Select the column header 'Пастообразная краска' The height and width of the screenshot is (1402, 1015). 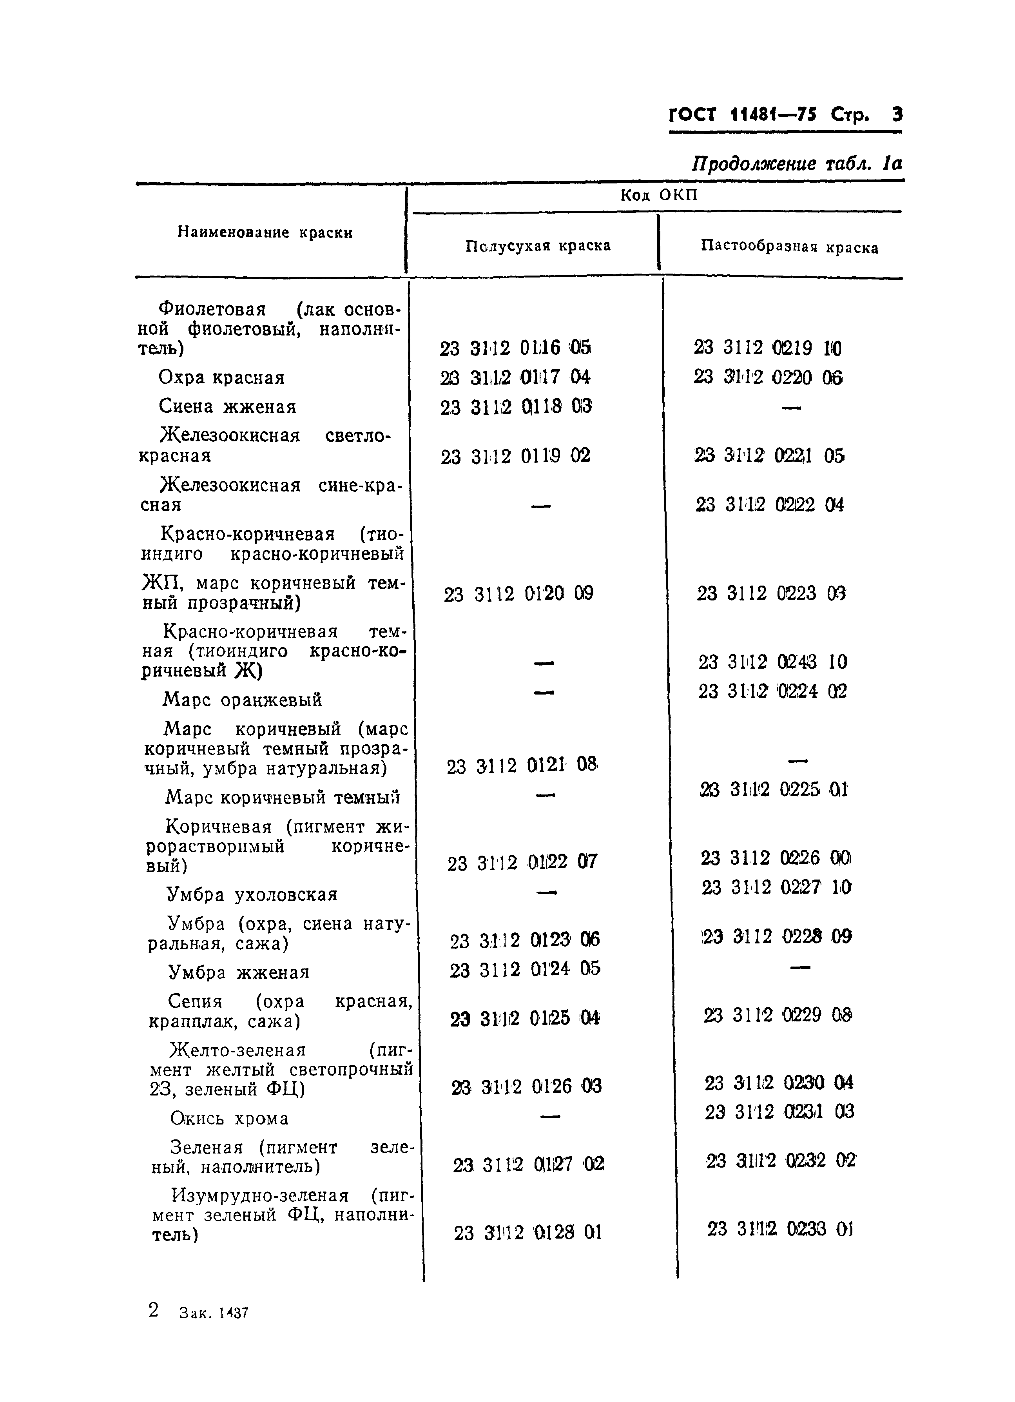click(x=789, y=247)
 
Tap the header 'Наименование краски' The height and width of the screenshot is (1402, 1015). click(x=265, y=232)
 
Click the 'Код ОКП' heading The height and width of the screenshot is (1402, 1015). click(x=659, y=195)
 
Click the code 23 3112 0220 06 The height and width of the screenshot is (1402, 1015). click(x=768, y=377)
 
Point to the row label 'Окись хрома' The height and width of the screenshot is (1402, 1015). click(x=229, y=1119)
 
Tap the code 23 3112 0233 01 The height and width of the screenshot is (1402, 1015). click(x=780, y=1229)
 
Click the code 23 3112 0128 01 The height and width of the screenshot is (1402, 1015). click(x=527, y=1233)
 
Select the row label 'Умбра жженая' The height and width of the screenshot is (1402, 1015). click(x=239, y=972)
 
